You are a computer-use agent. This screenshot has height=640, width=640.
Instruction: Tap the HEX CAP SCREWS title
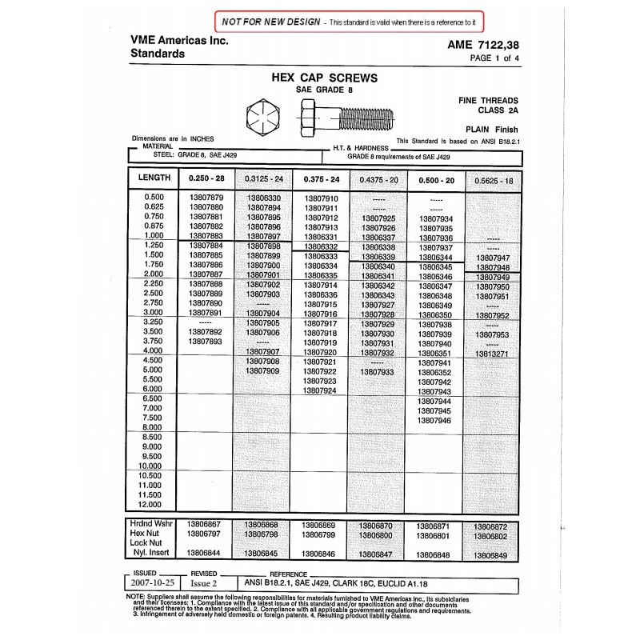tap(326, 78)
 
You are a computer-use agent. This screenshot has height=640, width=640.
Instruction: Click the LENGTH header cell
tap(154, 178)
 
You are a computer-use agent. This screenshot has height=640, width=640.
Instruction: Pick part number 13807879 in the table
tap(205, 198)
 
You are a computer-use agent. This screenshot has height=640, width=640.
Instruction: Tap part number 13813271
tap(491, 353)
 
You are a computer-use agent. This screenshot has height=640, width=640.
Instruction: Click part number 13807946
tap(435, 420)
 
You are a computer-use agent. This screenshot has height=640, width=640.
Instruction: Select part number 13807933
tap(378, 372)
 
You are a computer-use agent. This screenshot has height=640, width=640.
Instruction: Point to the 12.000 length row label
tap(150, 505)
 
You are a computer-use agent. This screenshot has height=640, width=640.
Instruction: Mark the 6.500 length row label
tap(150, 398)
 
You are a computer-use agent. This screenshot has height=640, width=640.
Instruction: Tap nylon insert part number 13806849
tap(490, 553)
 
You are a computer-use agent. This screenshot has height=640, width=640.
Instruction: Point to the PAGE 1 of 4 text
tap(496, 59)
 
